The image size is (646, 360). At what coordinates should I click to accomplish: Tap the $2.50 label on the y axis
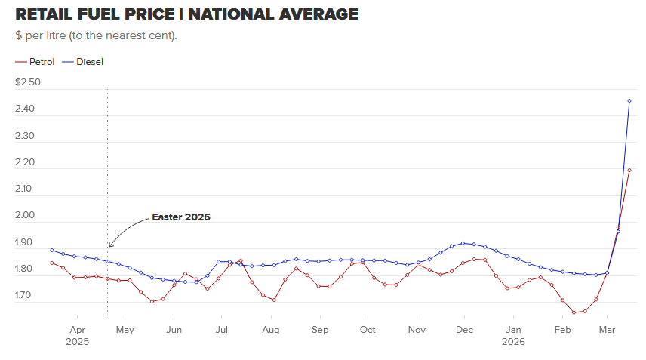click(x=28, y=82)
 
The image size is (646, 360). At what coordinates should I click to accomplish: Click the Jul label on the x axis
click(x=222, y=330)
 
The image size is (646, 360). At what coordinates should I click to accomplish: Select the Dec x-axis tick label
click(x=464, y=330)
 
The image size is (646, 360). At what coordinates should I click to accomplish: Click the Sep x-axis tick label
click(x=320, y=330)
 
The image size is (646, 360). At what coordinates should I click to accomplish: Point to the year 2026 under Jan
click(x=513, y=341)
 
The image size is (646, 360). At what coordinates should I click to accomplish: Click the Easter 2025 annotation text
click(x=180, y=217)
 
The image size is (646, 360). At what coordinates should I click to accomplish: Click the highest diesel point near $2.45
click(x=629, y=101)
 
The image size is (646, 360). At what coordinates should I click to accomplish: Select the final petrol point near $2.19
click(x=629, y=171)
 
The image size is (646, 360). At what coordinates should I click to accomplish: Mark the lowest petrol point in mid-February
click(x=574, y=312)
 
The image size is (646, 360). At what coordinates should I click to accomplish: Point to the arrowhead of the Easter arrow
click(x=110, y=245)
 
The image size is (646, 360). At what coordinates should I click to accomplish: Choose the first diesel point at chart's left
click(x=52, y=250)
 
